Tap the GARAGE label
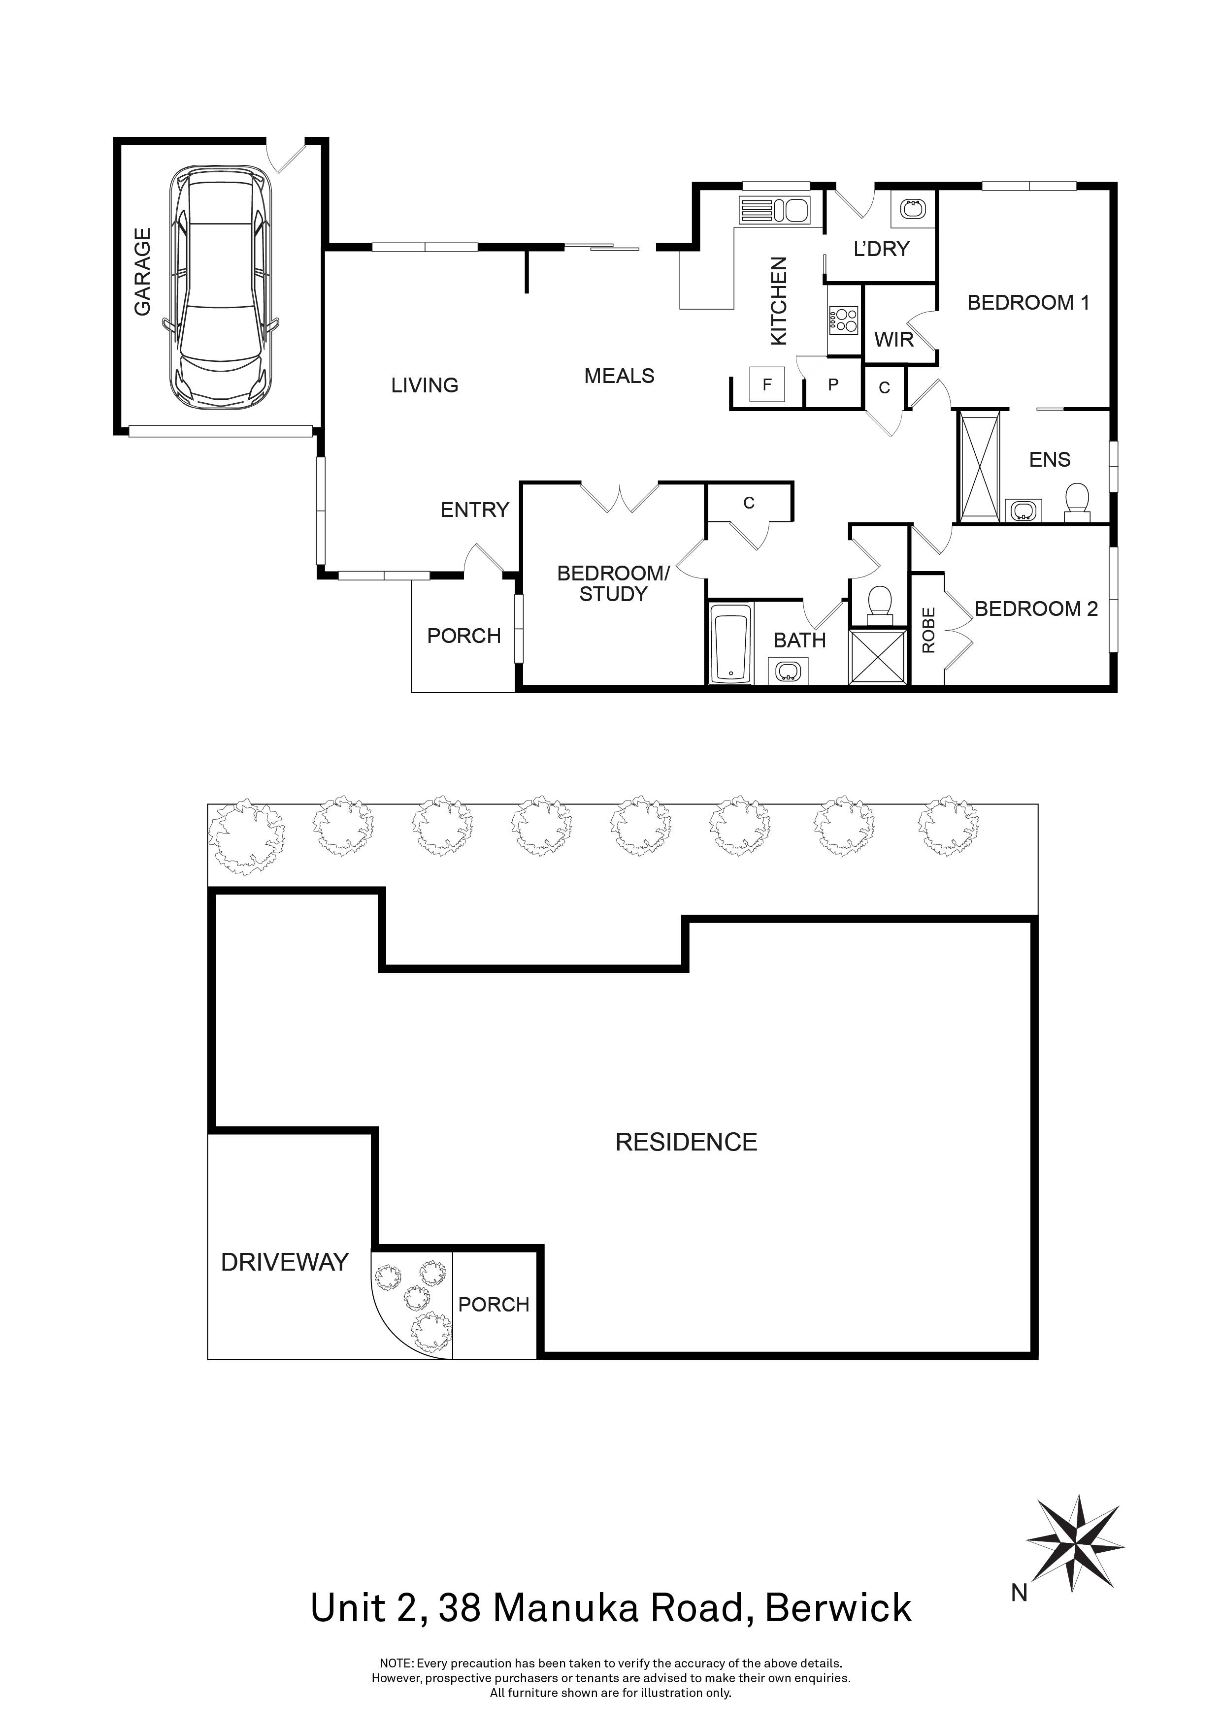point(143,272)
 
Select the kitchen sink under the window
point(773,210)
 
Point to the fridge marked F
point(767,385)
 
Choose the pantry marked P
point(833,385)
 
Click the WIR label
point(894,340)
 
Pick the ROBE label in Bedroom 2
point(928,630)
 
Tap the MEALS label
point(619,376)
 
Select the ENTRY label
point(475,510)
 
